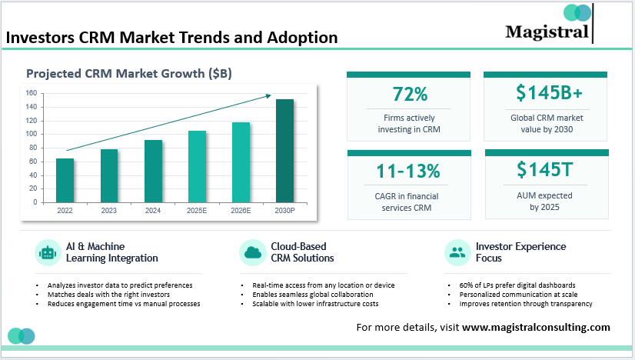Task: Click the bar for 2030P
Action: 284,151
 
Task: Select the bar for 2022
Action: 65,181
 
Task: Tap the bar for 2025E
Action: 197,167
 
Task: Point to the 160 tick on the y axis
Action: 31,93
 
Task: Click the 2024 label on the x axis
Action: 153,210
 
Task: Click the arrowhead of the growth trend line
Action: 268,95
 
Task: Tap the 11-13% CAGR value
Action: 408,170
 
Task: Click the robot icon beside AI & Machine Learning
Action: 47,252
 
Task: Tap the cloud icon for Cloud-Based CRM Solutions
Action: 251,252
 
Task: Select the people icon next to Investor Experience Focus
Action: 457,252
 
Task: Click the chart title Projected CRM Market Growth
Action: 129,74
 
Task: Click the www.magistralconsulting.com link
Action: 536,327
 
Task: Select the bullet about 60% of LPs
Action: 512,285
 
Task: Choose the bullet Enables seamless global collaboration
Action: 313,295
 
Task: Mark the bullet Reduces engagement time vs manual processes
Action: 123,304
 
